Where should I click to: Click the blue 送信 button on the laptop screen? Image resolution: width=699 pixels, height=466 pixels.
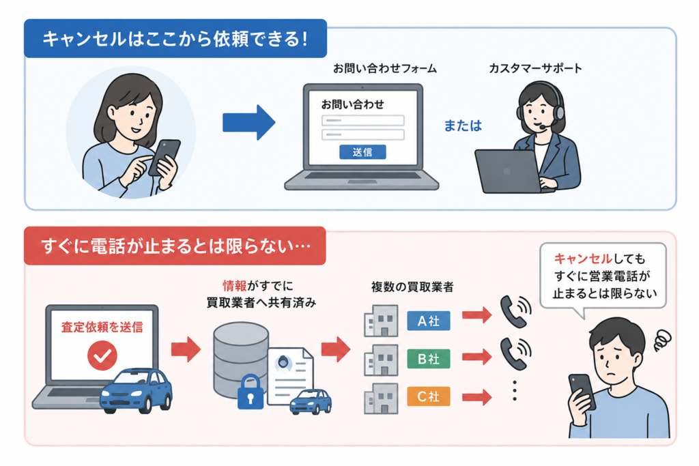click(x=362, y=152)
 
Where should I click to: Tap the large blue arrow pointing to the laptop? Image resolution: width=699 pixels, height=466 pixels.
click(x=248, y=123)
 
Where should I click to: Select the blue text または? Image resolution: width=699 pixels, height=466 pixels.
click(x=463, y=126)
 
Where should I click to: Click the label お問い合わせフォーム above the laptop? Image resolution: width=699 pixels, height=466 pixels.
click(x=385, y=68)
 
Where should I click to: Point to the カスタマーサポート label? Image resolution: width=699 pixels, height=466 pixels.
click(x=535, y=68)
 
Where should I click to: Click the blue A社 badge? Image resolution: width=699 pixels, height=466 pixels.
click(x=429, y=321)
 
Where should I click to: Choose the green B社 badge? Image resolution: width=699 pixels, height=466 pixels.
click(x=429, y=359)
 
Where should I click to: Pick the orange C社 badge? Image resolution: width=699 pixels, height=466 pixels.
click(x=429, y=396)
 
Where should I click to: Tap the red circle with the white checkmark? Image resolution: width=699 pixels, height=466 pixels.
click(x=102, y=355)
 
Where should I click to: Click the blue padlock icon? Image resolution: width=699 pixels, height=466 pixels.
click(x=250, y=392)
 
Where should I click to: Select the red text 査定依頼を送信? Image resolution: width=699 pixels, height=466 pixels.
click(x=102, y=327)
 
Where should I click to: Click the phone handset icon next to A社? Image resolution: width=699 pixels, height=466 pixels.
click(x=515, y=312)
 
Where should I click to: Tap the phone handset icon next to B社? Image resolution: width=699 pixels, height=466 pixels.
click(x=515, y=353)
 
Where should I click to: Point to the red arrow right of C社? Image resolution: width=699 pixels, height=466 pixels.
click(x=477, y=396)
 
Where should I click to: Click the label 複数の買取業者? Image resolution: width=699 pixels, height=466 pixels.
click(x=412, y=287)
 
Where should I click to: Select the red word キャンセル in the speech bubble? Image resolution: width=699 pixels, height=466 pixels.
click(x=583, y=259)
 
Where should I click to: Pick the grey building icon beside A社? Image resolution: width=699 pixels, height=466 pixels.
click(x=381, y=321)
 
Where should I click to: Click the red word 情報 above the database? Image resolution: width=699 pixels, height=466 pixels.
click(x=235, y=286)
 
